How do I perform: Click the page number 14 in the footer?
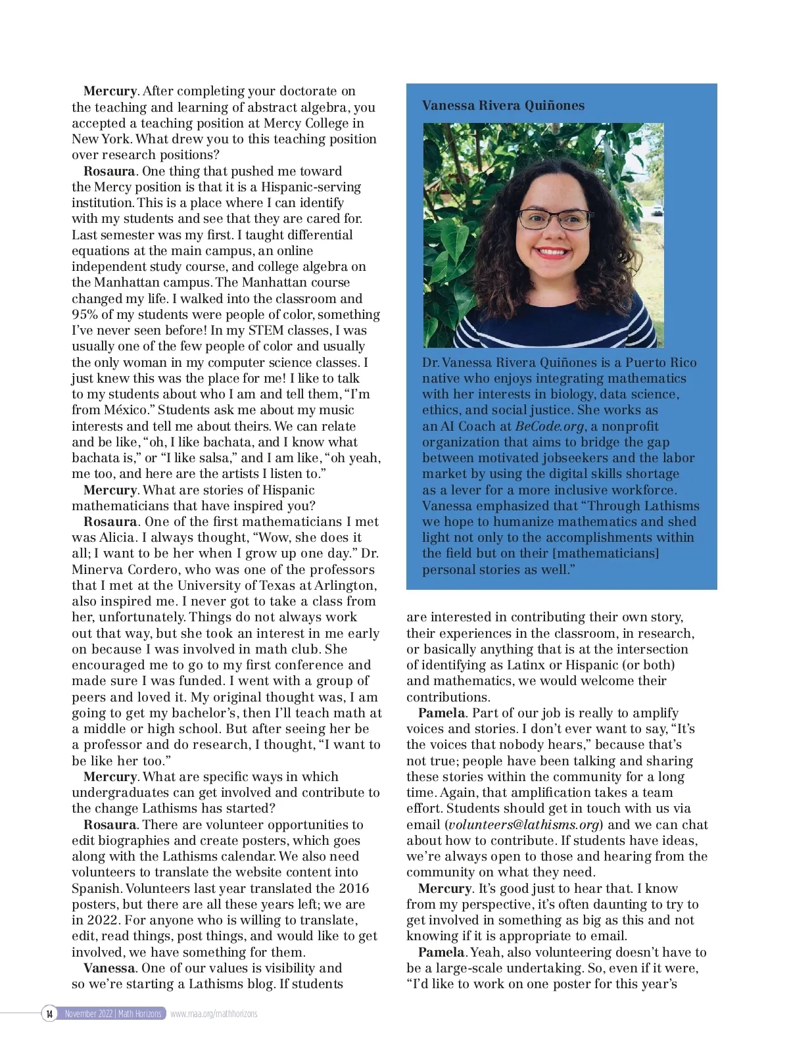[x=49, y=1014]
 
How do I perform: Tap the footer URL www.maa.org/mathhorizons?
[x=214, y=1014]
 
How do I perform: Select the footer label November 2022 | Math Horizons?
[x=113, y=1014]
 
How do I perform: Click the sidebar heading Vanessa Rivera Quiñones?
[x=503, y=105]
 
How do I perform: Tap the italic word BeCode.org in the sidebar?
[x=549, y=426]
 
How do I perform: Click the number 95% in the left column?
[x=85, y=314]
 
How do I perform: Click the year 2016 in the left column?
[x=353, y=888]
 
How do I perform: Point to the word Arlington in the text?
[x=347, y=585]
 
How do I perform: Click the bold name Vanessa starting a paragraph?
[x=109, y=968]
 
